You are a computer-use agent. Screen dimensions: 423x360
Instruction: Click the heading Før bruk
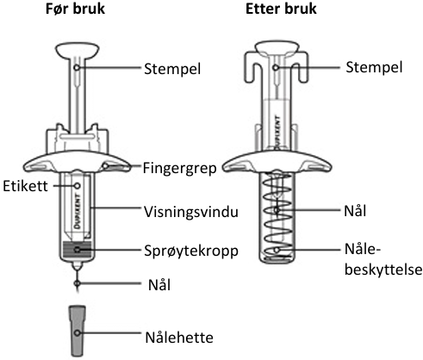click(x=75, y=9)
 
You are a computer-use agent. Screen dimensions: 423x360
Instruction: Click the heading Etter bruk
click(x=281, y=9)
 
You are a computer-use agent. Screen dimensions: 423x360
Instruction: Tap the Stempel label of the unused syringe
click(x=172, y=69)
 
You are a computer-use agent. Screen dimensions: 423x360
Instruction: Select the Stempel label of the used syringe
click(x=374, y=67)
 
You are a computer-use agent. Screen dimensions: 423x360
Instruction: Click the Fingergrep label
click(x=180, y=168)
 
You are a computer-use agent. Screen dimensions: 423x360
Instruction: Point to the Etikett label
click(x=25, y=186)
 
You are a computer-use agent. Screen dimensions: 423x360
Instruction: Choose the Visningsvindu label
click(x=191, y=212)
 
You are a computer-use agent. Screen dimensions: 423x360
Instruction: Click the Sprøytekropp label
click(x=191, y=251)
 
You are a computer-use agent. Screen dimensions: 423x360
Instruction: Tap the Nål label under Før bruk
click(x=159, y=285)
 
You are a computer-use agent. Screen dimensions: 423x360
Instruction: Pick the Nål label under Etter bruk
click(x=355, y=211)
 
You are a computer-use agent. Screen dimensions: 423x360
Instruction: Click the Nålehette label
click(x=179, y=338)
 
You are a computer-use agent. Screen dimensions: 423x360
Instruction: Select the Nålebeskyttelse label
click(x=383, y=259)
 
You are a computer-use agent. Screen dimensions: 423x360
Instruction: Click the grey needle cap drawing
click(x=77, y=332)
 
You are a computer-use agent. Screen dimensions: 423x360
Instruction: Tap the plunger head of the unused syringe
click(x=77, y=50)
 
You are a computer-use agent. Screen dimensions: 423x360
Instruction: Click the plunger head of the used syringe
click(x=277, y=48)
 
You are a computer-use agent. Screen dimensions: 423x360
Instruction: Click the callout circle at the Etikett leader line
click(x=77, y=186)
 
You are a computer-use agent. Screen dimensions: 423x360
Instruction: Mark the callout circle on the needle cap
click(x=77, y=333)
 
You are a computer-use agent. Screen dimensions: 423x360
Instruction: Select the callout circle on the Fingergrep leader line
click(x=106, y=166)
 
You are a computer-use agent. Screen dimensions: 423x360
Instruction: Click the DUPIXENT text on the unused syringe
click(x=78, y=211)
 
